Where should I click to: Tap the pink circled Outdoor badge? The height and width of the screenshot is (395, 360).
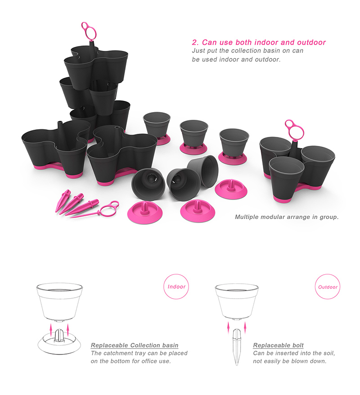(328, 287)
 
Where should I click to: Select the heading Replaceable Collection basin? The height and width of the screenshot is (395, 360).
(135, 345)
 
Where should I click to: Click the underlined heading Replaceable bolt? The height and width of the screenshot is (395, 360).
(278, 345)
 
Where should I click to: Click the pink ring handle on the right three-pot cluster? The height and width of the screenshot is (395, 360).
(293, 130)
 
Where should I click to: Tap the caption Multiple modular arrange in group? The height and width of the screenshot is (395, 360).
(287, 217)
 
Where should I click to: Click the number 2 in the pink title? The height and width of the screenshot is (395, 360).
(194, 42)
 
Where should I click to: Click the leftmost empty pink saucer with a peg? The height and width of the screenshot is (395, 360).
(146, 209)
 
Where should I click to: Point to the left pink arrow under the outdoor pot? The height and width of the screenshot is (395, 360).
(229, 325)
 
